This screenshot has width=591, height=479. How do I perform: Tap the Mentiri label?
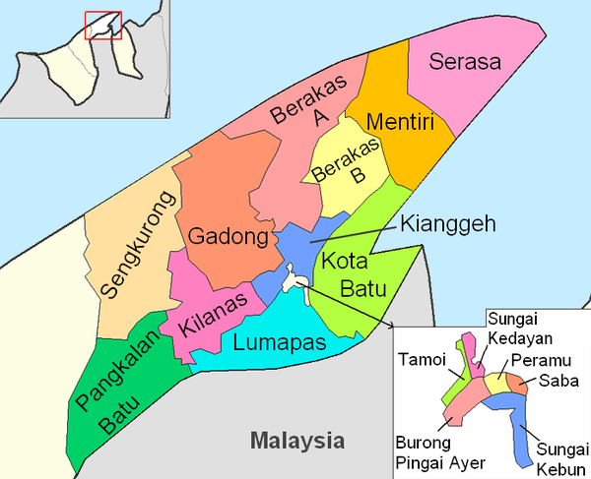(395, 122)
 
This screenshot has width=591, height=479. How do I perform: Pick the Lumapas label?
(281, 342)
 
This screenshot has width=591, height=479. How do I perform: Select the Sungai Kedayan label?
(519, 326)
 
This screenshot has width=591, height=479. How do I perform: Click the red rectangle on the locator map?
(102, 25)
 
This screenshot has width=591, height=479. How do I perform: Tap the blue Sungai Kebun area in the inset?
(526, 433)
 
